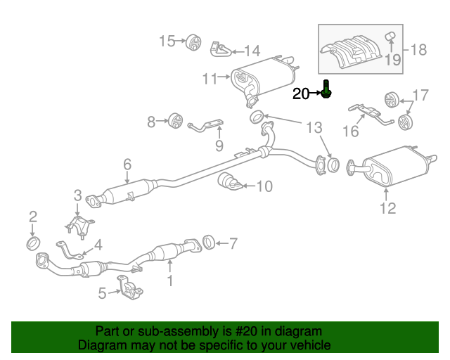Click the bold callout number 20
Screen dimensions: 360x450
(x=301, y=94)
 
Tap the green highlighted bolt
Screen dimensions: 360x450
(x=327, y=90)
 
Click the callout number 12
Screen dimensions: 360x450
(x=387, y=208)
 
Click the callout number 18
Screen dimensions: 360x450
(x=418, y=49)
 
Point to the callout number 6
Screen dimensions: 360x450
(x=127, y=164)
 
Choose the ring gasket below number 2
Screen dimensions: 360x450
(x=32, y=243)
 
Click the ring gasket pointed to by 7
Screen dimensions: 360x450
(x=209, y=243)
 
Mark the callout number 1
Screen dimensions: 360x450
(x=169, y=281)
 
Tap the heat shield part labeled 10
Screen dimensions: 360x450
(x=231, y=181)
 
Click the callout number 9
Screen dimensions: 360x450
(x=219, y=146)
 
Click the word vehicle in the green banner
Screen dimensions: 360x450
(x=311, y=346)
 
